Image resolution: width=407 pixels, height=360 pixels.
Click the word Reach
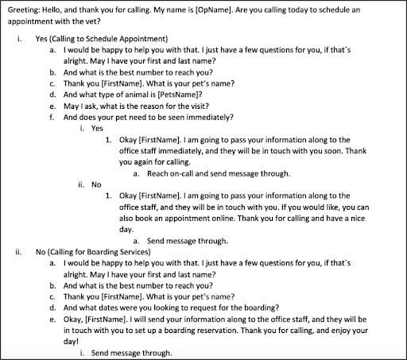pyautogui.click(x=158, y=173)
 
